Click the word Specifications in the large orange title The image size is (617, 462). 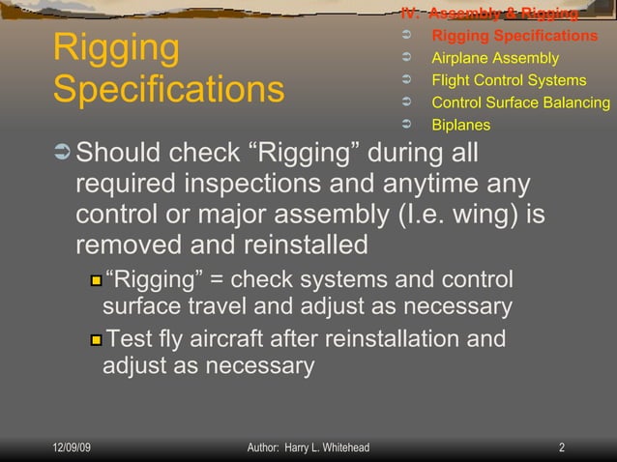(x=168, y=90)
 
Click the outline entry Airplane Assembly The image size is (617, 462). (x=494, y=58)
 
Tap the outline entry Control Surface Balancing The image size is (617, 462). (x=520, y=102)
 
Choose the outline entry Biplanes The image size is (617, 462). (x=460, y=125)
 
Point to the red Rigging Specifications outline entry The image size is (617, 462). (x=514, y=36)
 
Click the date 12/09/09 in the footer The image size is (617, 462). (x=72, y=448)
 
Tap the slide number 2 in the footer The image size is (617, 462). (x=562, y=448)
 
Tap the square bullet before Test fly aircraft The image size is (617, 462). (x=96, y=340)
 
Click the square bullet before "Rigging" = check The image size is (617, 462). (x=96, y=281)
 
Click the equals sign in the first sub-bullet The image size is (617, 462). (x=214, y=280)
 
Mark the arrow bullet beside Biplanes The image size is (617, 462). (x=406, y=125)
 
